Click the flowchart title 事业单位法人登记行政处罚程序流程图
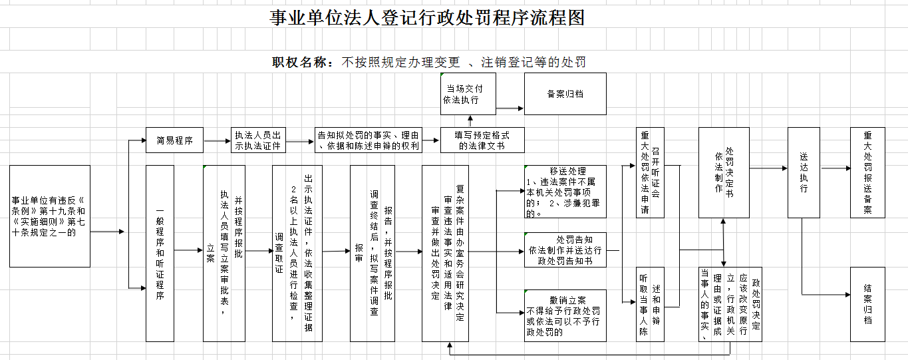(x=427, y=18)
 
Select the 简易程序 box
(x=174, y=140)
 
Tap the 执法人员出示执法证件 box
(x=258, y=140)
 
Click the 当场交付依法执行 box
(x=468, y=94)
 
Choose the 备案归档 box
(x=565, y=94)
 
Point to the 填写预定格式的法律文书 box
(x=482, y=140)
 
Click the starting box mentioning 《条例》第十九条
(x=50, y=216)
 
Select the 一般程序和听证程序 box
(x=160, y=254)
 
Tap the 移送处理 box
(x=565, y=192)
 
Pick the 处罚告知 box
(x=565, y=250)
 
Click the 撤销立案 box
(x=565, y=315)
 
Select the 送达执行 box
(x=804, y=173)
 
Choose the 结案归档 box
(x=867, y=304)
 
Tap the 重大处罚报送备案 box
(x=867, y=173)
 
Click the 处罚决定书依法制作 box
(x=724, y=173)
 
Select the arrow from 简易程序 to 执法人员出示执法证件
(x=216, y=140)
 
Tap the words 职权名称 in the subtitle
(x=302, y=63)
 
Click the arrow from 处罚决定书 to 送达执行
(x=768, y=168)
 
